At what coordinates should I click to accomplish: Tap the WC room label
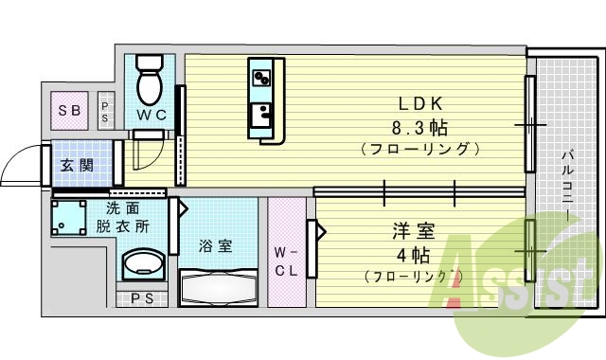point(151,116)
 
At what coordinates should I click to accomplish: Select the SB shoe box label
point(69,110)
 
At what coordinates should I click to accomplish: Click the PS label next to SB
point(105,111)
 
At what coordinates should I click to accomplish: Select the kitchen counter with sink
point(262,100)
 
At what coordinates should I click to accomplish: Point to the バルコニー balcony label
point(566,185)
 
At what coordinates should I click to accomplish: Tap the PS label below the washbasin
point(141,299)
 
